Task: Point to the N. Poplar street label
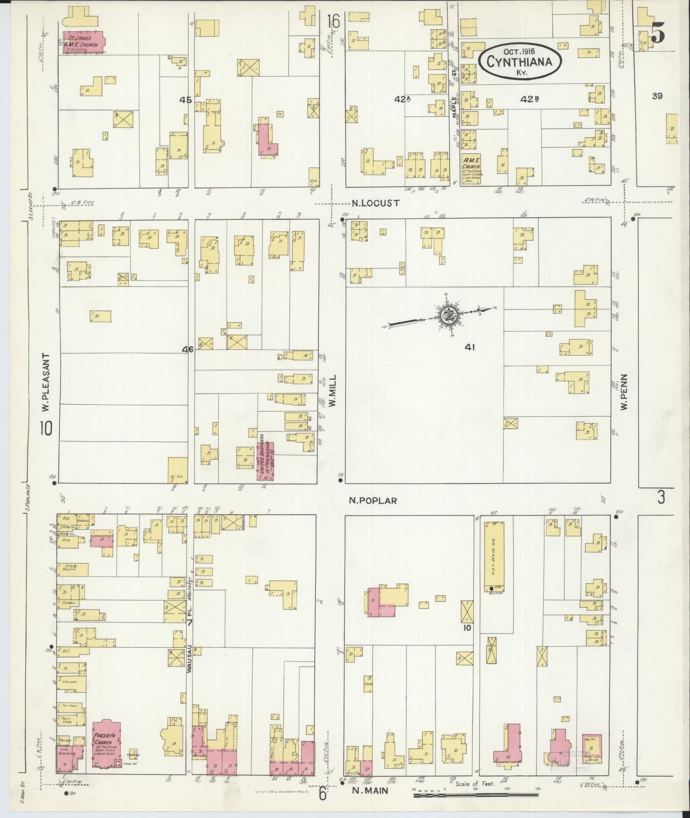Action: tap(373, 501)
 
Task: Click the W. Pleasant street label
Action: tap(46, 383)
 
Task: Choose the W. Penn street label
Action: tap(624, 393)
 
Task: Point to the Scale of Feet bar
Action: tap(475, 795)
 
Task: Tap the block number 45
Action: tap(186, 100)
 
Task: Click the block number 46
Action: tap(187, 349)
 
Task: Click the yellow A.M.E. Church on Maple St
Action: tap(471, 169)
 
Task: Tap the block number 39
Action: tap(657, 96)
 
